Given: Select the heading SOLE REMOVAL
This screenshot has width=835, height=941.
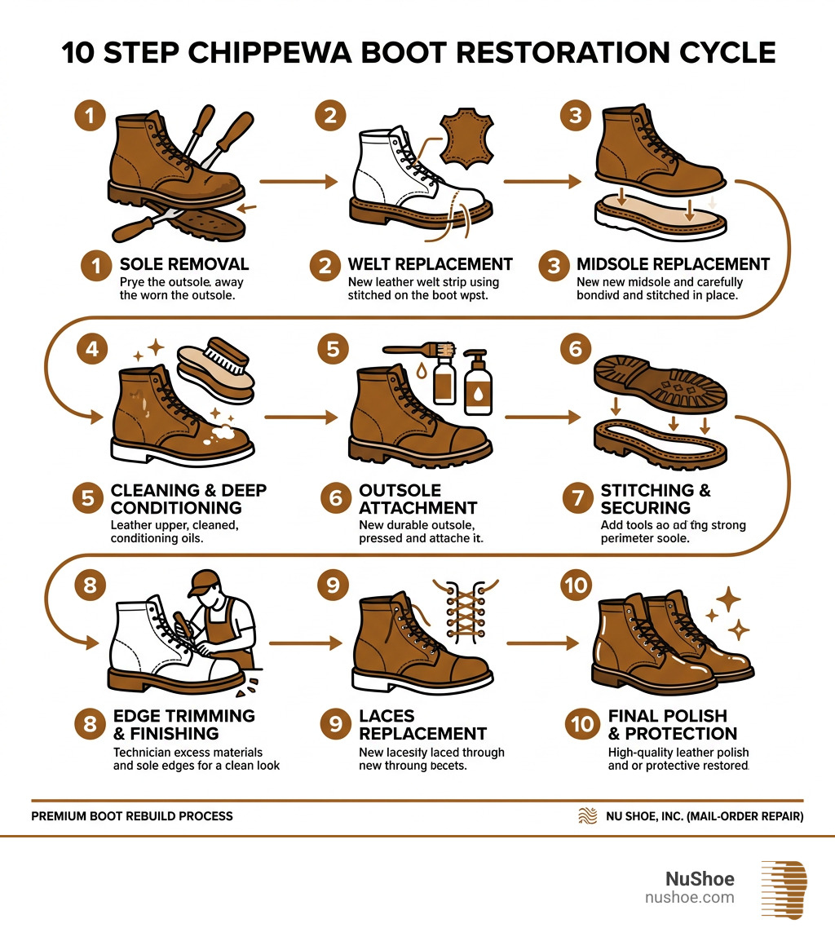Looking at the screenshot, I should pyautogui.click(x=183, y=264).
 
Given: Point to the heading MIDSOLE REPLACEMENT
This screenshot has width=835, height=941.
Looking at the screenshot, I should pyautogui.click(x=673, y=264).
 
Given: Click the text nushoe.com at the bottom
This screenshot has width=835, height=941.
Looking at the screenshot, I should pyautogui.click(x=689, y=898).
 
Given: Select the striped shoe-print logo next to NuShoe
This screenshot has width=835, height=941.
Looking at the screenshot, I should pyautogui.click(x=783, y=889).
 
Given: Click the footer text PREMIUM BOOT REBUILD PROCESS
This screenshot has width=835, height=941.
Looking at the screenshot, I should pyautogui.click(x=132, y=815).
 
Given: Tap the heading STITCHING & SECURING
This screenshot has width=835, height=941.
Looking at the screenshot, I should pyautogui.click(x=656, y=498).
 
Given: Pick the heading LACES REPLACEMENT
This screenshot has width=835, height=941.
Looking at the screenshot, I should pyautogui.click(x=422, y=724).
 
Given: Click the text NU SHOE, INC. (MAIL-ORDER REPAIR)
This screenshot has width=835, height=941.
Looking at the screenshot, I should pyautogui.click(x=705, y=815).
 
